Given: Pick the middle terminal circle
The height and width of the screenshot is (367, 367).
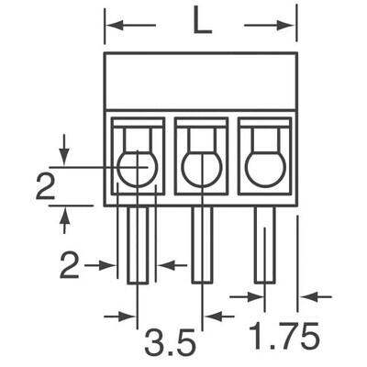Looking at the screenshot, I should [201, 167].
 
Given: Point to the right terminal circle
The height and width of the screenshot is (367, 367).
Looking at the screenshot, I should [264, 167].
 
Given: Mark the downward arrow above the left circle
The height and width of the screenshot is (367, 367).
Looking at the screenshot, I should [64, 145].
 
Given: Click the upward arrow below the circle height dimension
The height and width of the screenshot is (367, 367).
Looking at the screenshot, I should [64, 218].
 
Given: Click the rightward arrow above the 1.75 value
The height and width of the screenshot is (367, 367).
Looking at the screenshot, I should [242, 296].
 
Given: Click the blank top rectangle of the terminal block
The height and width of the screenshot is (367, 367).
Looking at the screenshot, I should [201, 81].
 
